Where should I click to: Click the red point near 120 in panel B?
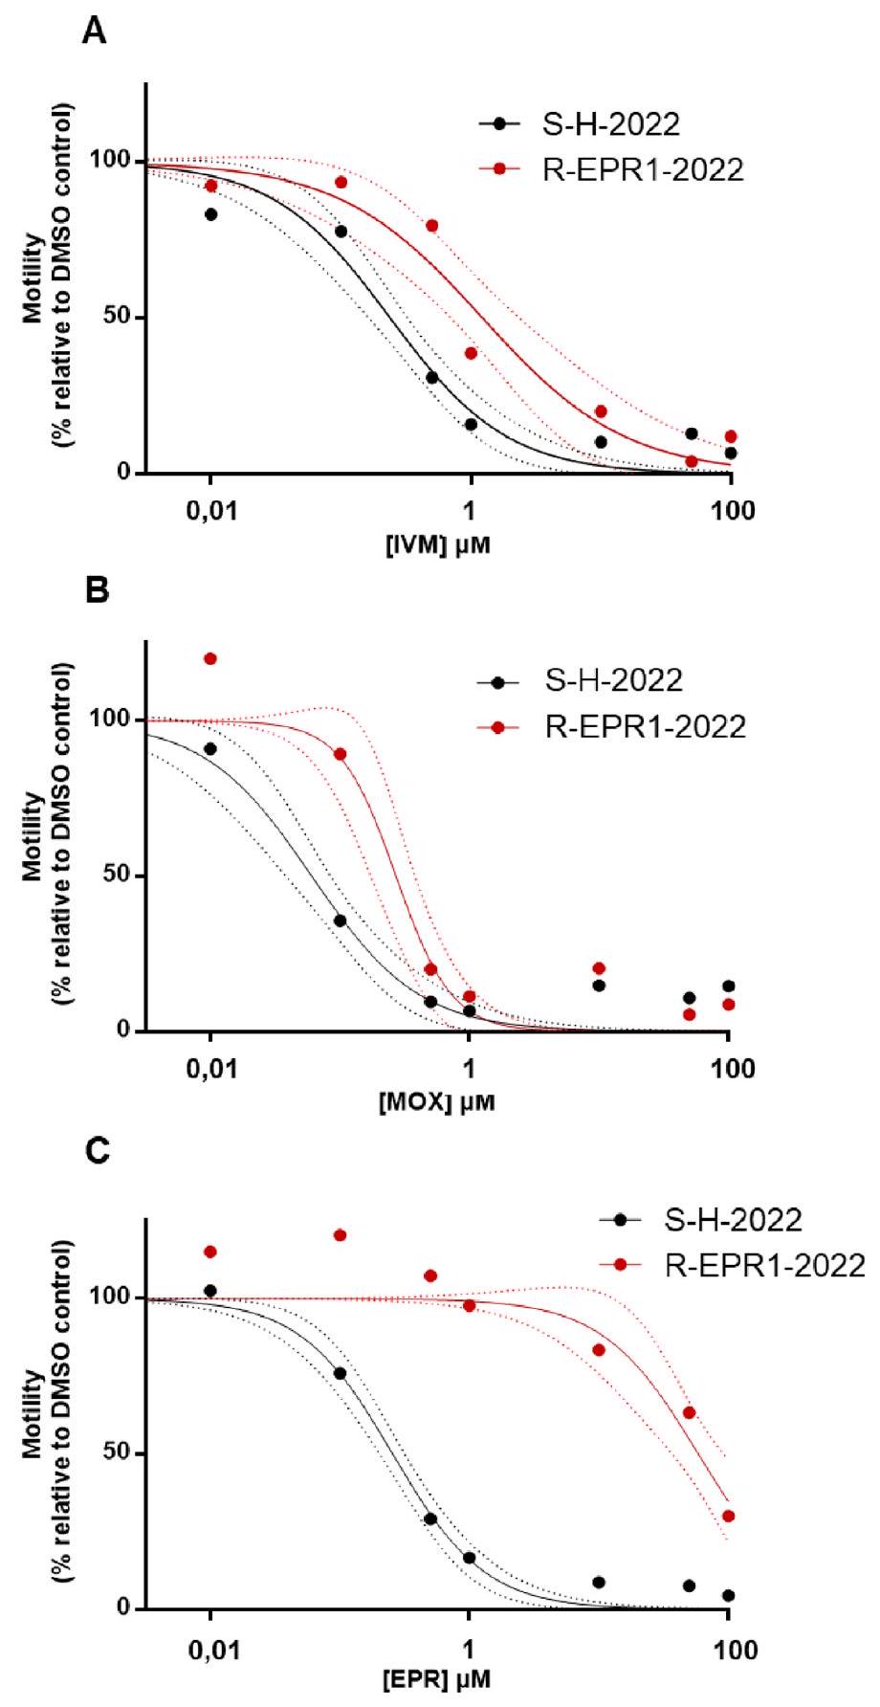[x=210, y=658]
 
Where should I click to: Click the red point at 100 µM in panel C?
[x=729, y=1516]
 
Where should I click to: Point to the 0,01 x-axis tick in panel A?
[x=210, y=511]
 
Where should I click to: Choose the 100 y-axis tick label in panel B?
[x=117, y=720]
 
